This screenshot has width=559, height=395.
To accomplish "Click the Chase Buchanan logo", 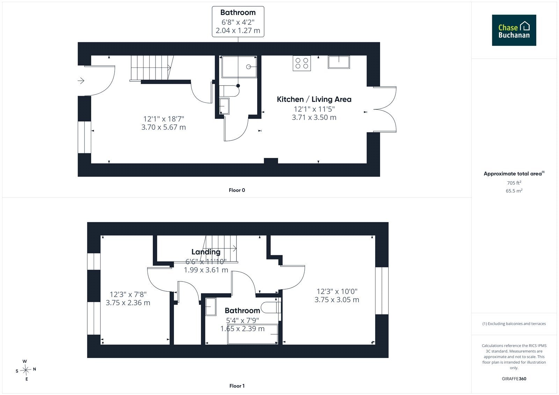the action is pyautogui.click(x=514, y=30).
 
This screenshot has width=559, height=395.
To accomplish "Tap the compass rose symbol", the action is pyautogui.click(x=26, y=370).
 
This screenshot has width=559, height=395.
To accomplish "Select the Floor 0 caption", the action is pyautogui.click(x=237, y=190).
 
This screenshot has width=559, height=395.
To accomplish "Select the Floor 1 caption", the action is pyautogui.click(x=237, y=386).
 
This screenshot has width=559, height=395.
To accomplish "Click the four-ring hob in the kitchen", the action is pyautogui.click(x=302, y=63).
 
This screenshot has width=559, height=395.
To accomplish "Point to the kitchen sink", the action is pyautogui.click(x=339, y=62).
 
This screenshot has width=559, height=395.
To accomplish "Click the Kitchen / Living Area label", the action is pyautogui.click(x=314, y=99).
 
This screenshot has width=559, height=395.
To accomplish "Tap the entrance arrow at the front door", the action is pyautogui.click(x=81, y=81).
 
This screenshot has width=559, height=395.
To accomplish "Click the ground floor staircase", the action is pyautogui.click(x=152, y=68).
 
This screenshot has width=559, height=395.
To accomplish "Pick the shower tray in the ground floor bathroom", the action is pyautogui.click(x=239, y=67).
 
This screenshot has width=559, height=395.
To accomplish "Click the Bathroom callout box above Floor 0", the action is pyautogui.click(x=238, y=22).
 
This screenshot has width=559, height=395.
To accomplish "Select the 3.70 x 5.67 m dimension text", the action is pyautogui.click(x=164, y=127).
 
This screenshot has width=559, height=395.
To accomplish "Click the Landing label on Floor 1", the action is pyautogui.click(x=206, y=252).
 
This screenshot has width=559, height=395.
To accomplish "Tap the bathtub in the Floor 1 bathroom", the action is pyautogui.click(x=253, y=334).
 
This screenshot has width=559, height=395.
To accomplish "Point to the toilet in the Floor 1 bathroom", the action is pyautogui.click(x=271, y=308).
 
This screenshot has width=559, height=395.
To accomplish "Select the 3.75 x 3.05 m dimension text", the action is pyautogui.click(x=337, y=300).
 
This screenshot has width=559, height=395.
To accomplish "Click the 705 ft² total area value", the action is pyautogui.click(x=514, y=183).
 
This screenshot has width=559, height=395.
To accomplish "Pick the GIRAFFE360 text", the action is pyautogui.click(x=514, y=379).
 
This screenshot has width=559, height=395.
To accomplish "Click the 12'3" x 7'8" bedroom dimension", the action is pyautogui.click(x=128, y=294).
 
